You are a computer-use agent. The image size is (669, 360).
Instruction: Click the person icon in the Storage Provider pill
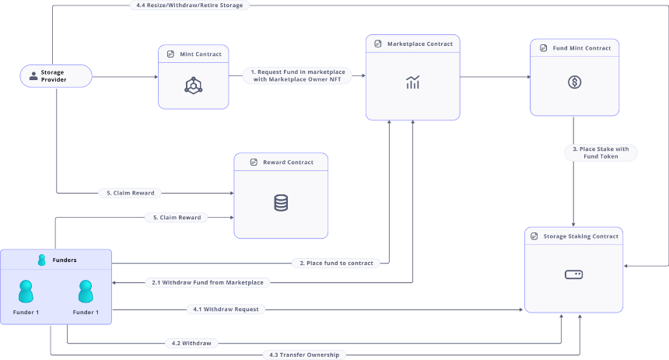tap(33, 76)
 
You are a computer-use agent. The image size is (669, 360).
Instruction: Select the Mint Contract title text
tap(201, 54)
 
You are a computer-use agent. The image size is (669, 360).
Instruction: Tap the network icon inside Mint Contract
tap(193, 86)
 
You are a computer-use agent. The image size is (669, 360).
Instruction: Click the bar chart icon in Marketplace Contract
tap(412, 82)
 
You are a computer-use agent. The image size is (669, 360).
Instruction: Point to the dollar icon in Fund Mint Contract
tap(574, 82)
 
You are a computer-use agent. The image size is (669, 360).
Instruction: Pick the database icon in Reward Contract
tap(281, 203)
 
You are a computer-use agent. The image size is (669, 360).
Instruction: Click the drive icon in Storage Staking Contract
tap(573, 274)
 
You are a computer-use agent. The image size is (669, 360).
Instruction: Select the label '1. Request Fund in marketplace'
tap(298, 72)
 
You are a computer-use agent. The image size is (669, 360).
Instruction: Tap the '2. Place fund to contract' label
tap(336, 263)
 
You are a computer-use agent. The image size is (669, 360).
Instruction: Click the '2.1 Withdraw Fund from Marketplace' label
tap(208, 282)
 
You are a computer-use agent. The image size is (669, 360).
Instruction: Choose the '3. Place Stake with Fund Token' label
tap(601, 152)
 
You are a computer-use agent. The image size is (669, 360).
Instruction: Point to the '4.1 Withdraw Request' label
tap(226, 309)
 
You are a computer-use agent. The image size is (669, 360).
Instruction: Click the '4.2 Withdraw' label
tap(191, 344)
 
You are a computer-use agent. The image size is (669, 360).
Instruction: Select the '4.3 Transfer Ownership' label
tap(304, 355)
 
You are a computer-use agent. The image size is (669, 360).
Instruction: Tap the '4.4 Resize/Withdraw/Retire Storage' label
tap(190, 5)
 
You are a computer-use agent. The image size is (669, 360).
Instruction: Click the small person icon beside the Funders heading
tap(42, 260)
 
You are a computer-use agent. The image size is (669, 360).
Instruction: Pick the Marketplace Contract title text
tap(420, 44)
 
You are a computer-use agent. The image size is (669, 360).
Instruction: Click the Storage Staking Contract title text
tap(580, 236)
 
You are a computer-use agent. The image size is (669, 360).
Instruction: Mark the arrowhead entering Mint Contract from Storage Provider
tap(156, 77)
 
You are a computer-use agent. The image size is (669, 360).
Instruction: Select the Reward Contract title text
tap(288, 163)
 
